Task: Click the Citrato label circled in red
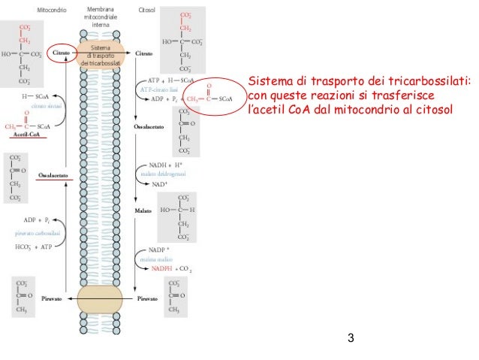coord(62,54)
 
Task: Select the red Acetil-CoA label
coord(26,134)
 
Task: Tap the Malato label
coord(143,211)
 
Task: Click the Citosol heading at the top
coord(147,11)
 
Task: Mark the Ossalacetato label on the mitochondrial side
coord(53,174)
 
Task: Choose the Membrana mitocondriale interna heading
coord(100,18)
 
